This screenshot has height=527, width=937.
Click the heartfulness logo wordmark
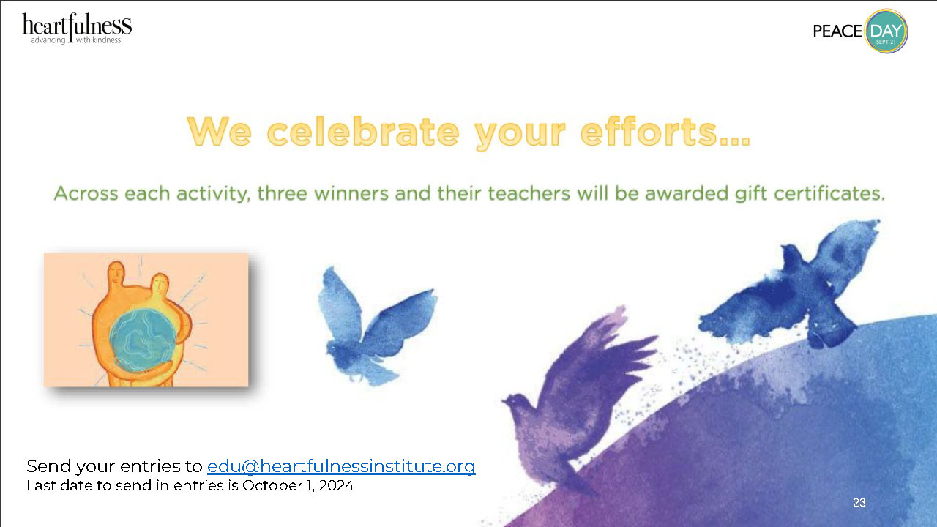tap(77, 29)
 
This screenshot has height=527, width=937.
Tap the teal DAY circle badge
tap(886, 31)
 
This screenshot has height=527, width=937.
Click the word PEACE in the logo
tap(837, 31)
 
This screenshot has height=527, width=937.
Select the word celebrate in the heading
tap(363, 132)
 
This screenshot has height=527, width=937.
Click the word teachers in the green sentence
tap(529, 194)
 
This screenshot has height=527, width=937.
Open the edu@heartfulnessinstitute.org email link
tap(341, 466)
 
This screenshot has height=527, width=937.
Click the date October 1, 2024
tap(298, 485)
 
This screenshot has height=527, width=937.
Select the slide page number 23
tap(859, 502)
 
